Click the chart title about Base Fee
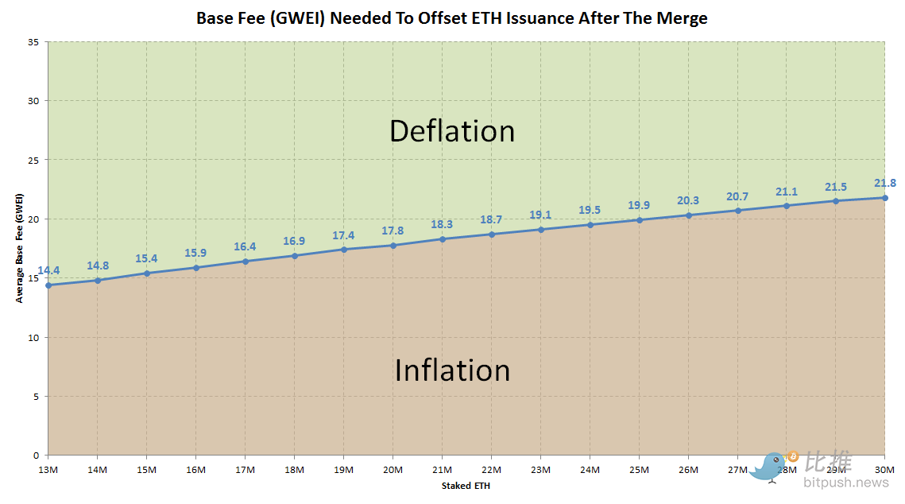pos(452,17)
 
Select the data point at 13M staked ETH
pos(48,285)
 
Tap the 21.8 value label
pos(884,183)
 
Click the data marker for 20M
pos(393,245)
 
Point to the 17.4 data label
pos(343,236)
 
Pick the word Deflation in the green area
pos(451,131)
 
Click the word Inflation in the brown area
pos(451,370)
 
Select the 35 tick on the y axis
pos(34,41)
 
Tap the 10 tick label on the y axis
pos(34,337)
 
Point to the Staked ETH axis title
pos(466,486)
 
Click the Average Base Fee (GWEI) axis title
pos(19,248)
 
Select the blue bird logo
pos(769,467)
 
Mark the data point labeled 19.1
pos(540,230)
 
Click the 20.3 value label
pos(688,200)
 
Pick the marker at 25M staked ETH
pos(639,220)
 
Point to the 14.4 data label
pos(48,270)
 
